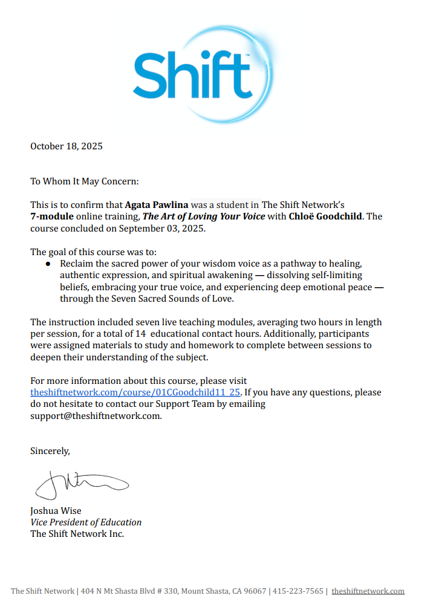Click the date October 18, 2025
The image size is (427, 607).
[x=67, y=146]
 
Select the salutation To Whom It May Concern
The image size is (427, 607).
[x=85, y=181]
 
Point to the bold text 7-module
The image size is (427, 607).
[x=52, y=216]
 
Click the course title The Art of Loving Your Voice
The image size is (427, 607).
[x=204, y=216]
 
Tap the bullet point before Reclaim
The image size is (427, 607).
[x=49, y=264]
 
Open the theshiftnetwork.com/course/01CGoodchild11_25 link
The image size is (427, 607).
[x=135, y=392]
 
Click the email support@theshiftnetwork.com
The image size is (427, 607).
[x=96, y=416]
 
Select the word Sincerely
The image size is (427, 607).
[x=50, y=450]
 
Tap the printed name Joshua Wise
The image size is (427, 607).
[x=56, y=510]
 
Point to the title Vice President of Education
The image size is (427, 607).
[x=86, y=522]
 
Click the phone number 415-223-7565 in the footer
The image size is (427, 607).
[x=298, y=591]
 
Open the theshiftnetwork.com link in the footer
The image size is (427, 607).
[x=368, y=591]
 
